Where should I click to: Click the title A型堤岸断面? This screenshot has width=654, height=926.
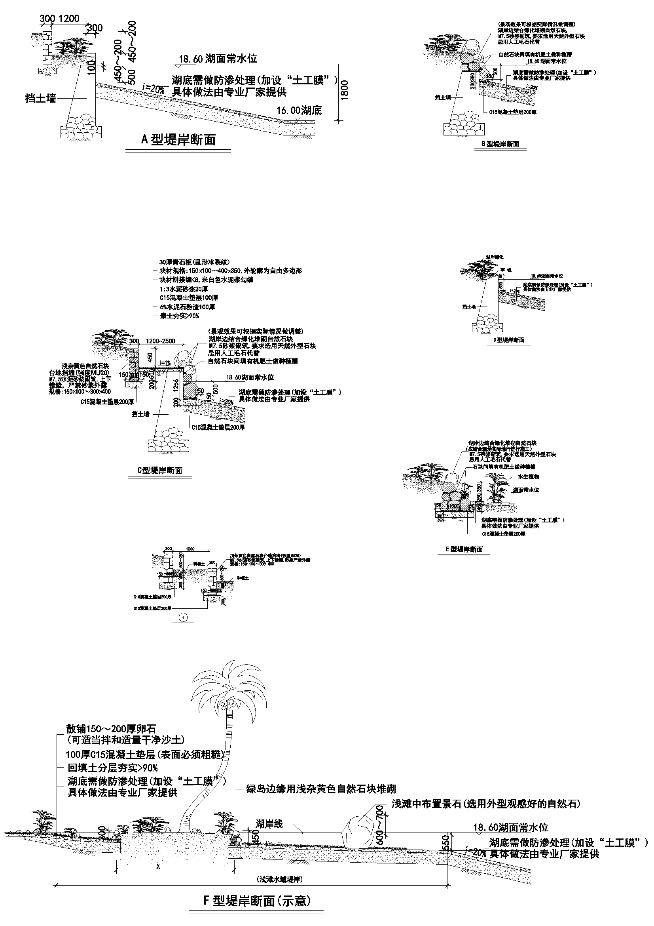tap(178, 139)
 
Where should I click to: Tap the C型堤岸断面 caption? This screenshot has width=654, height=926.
tap(160, 470)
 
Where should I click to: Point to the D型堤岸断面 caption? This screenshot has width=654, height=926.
tap(508, 340)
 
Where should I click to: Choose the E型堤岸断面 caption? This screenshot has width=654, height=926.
tap(464, 549)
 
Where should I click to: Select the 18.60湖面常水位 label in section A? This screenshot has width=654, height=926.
tap(218, 59)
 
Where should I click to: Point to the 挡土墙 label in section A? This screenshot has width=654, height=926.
tap(41, 98)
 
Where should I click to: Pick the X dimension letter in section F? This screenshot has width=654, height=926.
tap(158, 866)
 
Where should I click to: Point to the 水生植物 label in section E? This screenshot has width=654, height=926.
tap(528, 476)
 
